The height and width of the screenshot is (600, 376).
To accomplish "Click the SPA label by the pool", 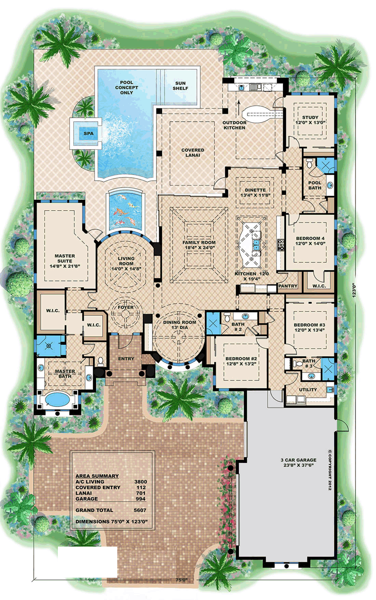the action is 89,134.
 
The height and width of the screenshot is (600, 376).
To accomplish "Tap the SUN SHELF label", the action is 181,86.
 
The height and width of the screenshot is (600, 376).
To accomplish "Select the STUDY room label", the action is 310,117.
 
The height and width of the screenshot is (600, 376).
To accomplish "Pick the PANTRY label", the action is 287,286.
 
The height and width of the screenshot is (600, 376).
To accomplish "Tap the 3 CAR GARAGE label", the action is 298,460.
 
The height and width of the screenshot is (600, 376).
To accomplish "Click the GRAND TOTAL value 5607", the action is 140,510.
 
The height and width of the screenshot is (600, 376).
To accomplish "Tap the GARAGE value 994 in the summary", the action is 141,499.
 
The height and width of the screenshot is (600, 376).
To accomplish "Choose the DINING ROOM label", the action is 180,322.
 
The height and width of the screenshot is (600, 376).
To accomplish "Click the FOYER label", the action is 126,307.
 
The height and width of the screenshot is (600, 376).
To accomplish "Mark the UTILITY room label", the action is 308,389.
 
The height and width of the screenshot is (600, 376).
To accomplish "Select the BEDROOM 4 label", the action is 310,238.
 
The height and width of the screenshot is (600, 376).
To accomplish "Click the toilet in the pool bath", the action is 309,163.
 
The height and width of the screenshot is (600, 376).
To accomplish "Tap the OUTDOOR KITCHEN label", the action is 235,125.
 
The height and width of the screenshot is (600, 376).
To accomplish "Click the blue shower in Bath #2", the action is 213,323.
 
